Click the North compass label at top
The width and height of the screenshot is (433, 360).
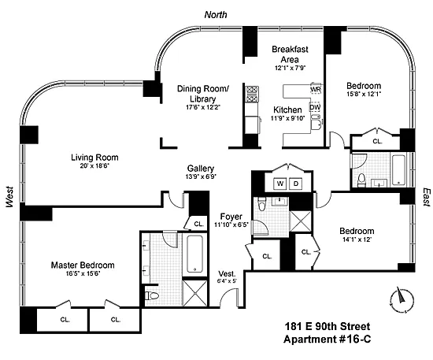coord(216,15)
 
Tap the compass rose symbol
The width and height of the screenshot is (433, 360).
coord(402,300)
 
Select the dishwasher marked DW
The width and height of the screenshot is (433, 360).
coord(315,107)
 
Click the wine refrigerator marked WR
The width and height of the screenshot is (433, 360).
coord(316,89)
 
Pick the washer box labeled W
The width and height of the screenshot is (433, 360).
coord(280,184)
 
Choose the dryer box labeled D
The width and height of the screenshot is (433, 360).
coord(296,184)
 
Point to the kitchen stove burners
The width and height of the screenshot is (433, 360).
coord(252,94)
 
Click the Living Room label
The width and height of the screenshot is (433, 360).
coord(94,158)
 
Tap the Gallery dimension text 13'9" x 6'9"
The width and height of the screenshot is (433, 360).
coord(201,176)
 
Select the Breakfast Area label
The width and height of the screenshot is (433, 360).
coord(290,54)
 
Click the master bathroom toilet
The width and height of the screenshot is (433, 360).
coord(152,296)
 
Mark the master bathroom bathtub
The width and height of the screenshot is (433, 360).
coord(195,254)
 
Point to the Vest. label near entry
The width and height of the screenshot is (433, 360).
coord(227,274)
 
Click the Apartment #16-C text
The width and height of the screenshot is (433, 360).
coord(327,339)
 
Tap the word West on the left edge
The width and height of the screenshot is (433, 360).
coord(9,197)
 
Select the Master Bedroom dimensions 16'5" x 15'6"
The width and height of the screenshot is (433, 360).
coord(83,273)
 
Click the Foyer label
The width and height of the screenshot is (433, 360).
coord(231,217)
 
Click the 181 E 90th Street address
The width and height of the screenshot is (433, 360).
coord(328,326)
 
